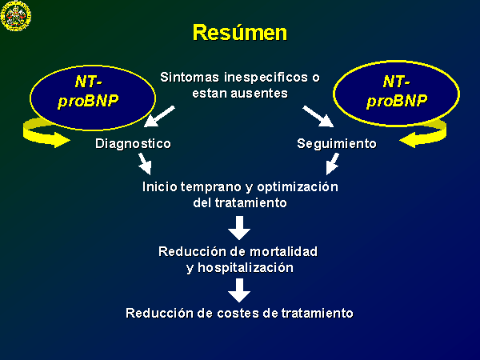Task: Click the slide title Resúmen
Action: coord(240,33)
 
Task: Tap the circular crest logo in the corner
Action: coord(16,15)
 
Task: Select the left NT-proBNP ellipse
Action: coord(93,98)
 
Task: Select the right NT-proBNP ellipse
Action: coord(397,94)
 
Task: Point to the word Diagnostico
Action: coord(133,144)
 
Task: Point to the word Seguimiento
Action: coord(337,143)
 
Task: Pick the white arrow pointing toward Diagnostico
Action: coord(159,116)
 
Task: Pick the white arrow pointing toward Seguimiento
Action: coord(318,116)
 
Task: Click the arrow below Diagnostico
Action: coord(145,164)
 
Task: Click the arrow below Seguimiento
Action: coord(333,164)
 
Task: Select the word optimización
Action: coord(298,187)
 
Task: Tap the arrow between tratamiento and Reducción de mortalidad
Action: coord(239,228)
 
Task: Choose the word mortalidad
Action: coord(283,252)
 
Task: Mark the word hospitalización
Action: coord(246,268)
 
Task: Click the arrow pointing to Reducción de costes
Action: coord(239,290)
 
